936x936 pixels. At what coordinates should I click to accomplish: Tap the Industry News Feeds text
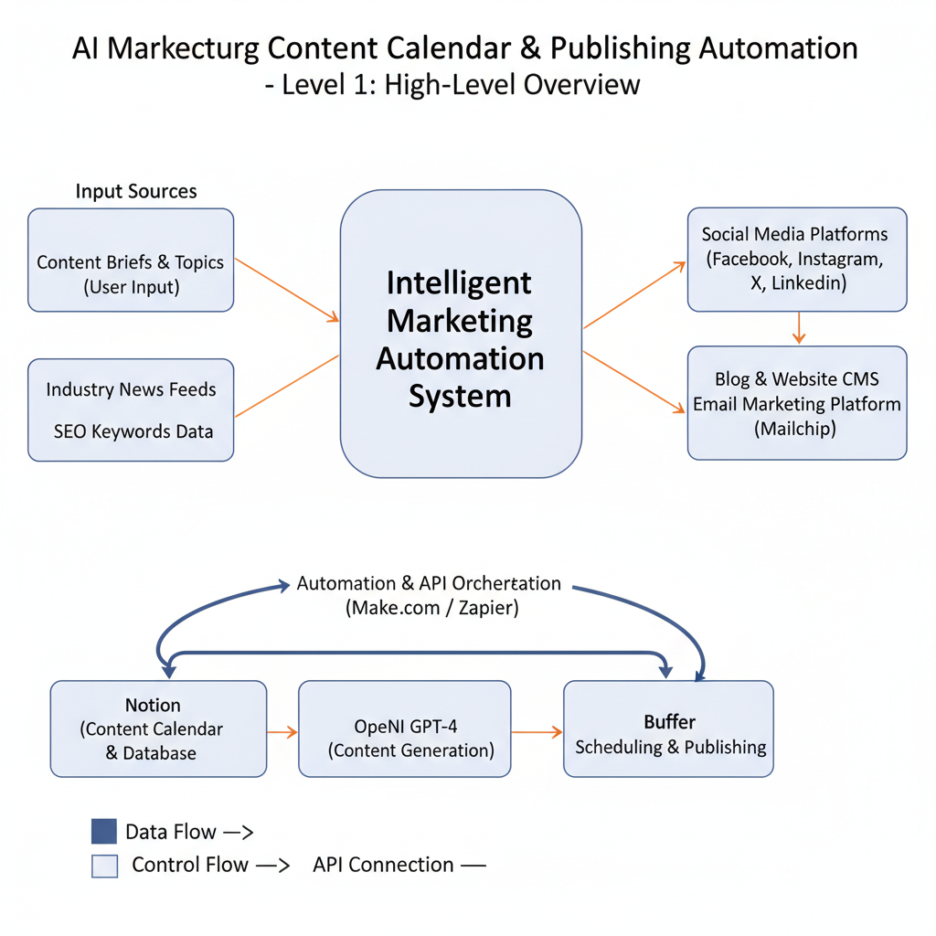131,389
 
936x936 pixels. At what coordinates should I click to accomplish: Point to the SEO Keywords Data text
133,431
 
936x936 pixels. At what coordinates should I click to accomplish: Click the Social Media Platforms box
796,259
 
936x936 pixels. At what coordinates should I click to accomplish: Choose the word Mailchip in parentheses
795,428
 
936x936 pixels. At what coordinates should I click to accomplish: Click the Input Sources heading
136,191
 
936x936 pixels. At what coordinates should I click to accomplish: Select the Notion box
158,729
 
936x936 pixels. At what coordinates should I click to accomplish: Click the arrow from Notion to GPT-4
282,731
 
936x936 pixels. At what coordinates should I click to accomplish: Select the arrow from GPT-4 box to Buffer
537,731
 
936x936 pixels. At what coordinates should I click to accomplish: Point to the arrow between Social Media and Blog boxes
799,327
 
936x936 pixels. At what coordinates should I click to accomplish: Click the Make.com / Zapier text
431,608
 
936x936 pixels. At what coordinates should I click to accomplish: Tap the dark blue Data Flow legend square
104,831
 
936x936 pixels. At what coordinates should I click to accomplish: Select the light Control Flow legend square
104,865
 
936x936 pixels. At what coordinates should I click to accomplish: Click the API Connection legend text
383,865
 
